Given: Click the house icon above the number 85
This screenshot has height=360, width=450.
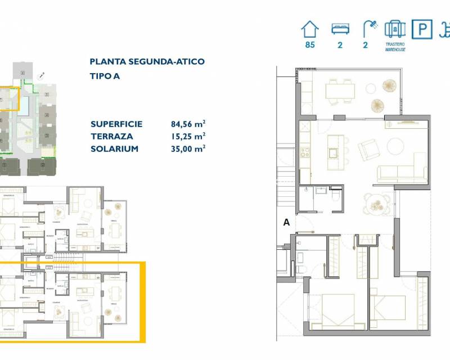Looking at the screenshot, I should [309, 29].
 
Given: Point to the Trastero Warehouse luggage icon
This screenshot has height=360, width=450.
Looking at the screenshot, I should [395, 29].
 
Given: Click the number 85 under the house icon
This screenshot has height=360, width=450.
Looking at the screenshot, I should [310, 46].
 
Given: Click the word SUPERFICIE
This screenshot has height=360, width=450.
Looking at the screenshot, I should [116, 124].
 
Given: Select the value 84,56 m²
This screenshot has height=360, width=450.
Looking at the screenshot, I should [188, 124].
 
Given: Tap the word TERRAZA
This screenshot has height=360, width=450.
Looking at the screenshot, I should [111, 136].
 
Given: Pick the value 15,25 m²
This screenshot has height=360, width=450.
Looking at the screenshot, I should [188, 136].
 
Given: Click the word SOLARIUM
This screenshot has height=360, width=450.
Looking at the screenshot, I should [114, 148].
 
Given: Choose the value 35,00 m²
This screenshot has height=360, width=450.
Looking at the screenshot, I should [188, 148].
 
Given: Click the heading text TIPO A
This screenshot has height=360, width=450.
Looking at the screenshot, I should [105, 75].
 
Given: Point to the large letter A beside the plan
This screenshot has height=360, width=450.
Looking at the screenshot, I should [286, 222].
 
